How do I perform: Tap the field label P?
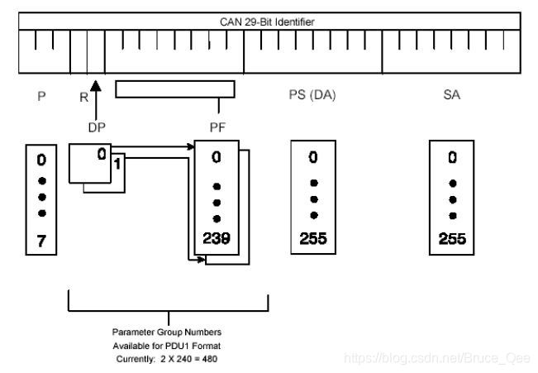tap(41, 96)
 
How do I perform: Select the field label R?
tap(83, 97)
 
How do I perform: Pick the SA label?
tap(451, 96)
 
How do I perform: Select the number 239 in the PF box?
tap(217, 239)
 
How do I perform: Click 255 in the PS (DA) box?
tap(312, 239)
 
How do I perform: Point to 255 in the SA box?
tap(451, 239)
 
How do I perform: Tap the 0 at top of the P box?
tap(40, 157)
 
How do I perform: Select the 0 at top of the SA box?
tap(451, 156)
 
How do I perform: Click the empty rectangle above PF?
tap(175, 89)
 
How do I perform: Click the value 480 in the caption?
tap(211, 358)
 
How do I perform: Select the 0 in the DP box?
tap(101, 153)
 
